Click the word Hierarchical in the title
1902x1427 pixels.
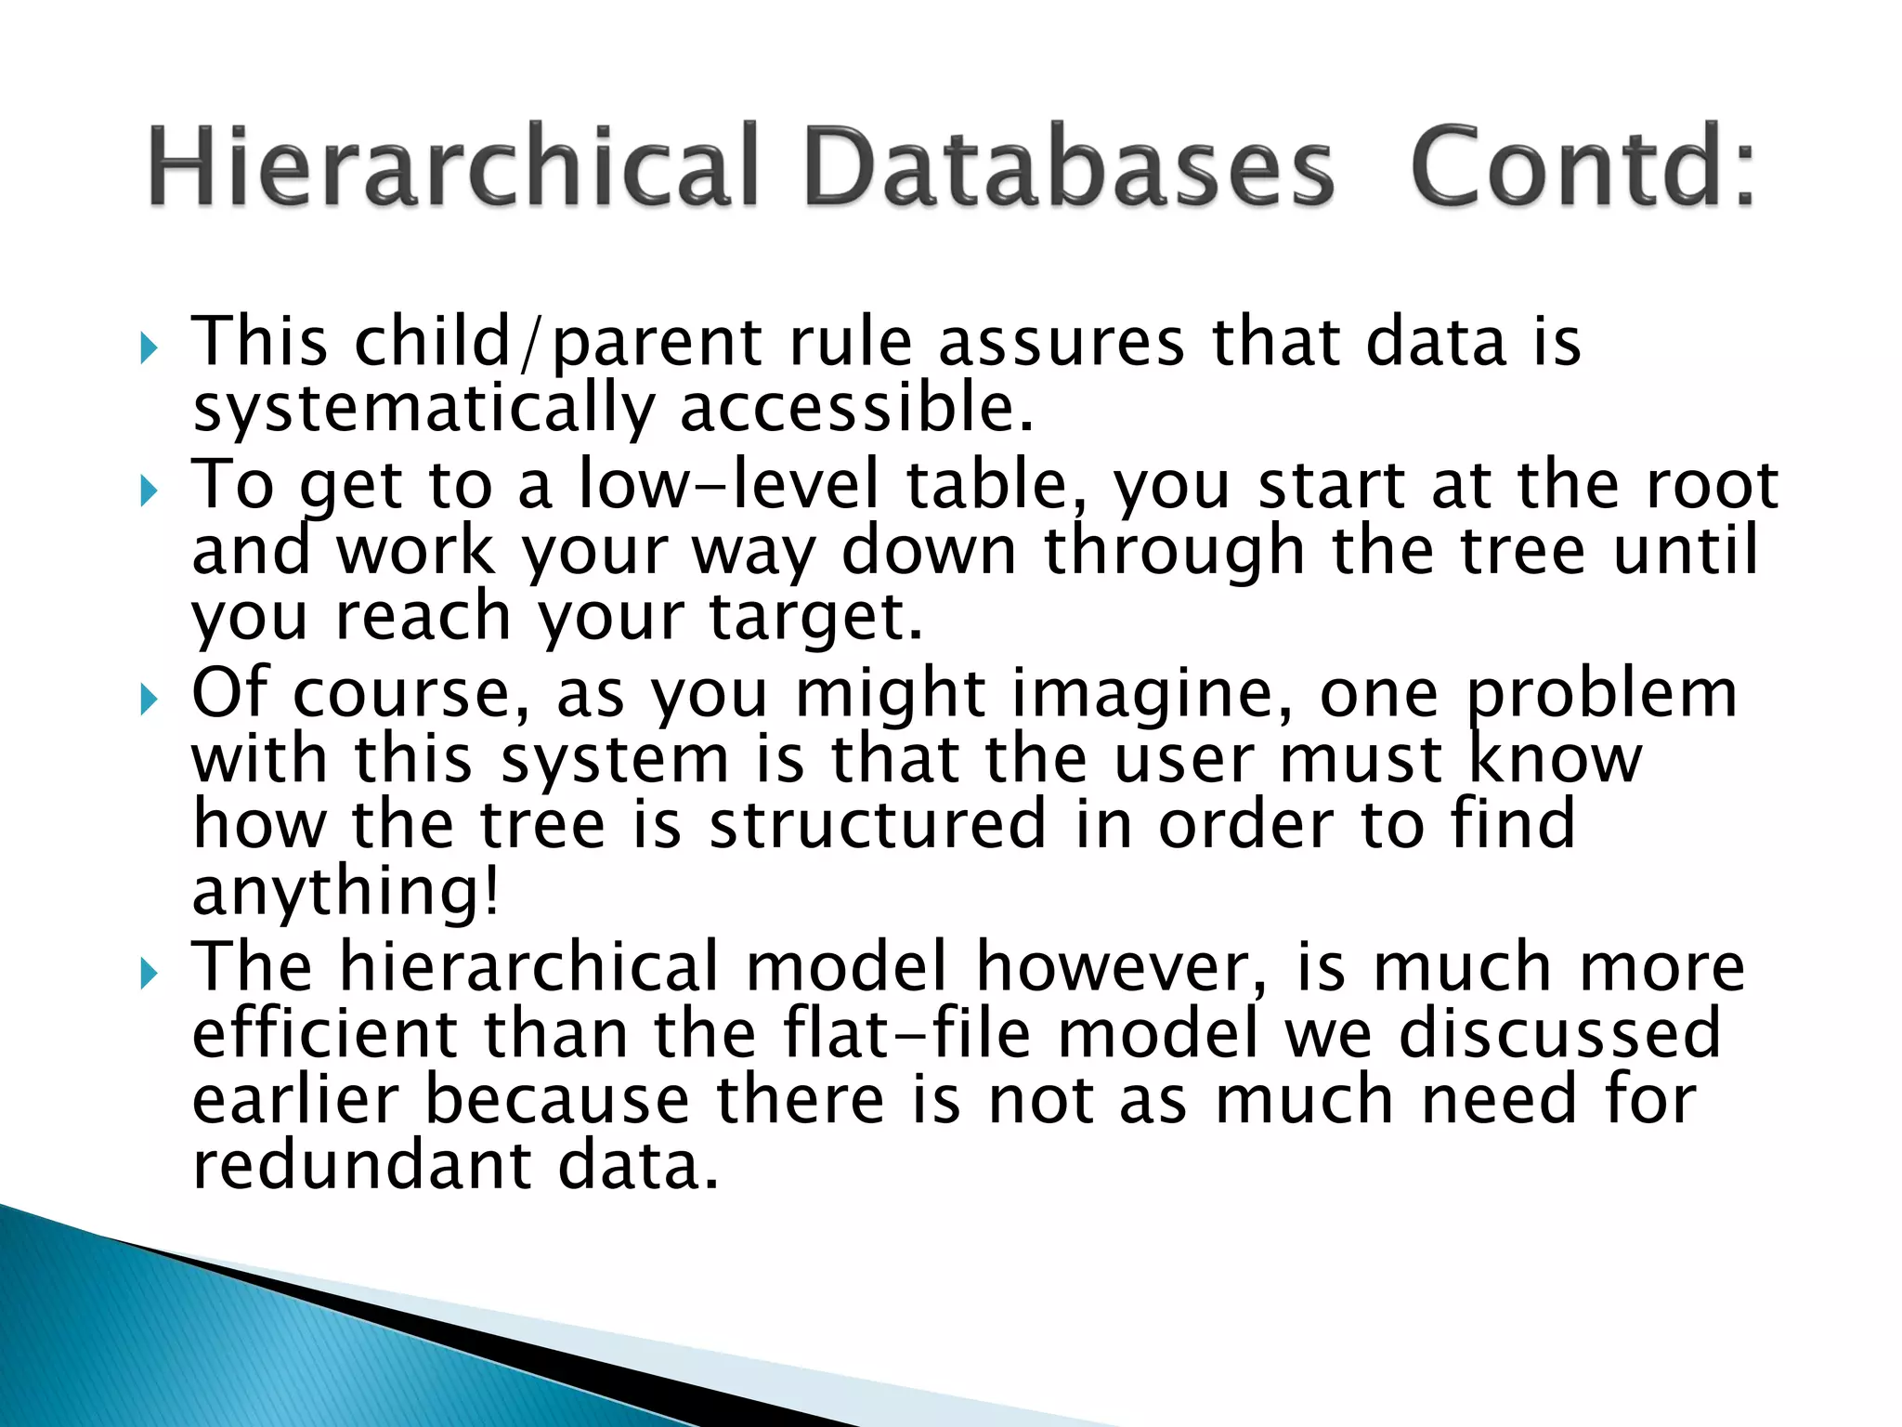[455, 167]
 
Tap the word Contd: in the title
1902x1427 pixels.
[1583, 167]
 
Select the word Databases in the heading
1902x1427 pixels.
[1069, 167]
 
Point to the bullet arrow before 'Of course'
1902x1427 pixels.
[149, 700]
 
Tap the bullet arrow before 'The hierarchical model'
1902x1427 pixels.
[149, 975]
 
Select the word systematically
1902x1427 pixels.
[423, 410]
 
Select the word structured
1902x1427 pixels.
[878, 824]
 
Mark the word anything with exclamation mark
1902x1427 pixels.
[345, 892]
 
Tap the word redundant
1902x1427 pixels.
[362, 1166]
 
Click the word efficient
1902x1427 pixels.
[324, 1034]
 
